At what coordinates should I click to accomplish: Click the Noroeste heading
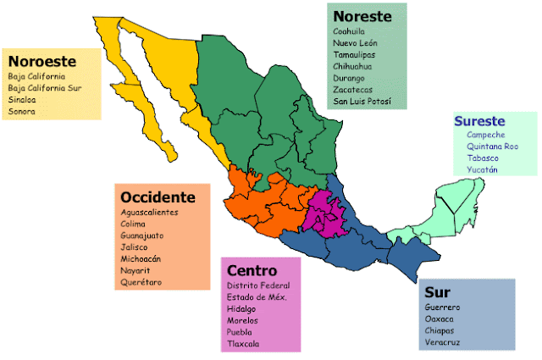coord(42,61)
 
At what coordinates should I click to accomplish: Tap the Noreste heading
coord(362,17)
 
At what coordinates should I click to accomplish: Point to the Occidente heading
coord(158,197)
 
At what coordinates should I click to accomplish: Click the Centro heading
coord(251,271)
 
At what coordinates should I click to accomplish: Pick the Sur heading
coord(437,292)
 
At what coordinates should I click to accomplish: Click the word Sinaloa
coord(23,98)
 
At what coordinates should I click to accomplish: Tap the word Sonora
coord(22,111)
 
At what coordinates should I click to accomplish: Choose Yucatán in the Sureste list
coord(482,170)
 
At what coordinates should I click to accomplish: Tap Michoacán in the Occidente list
coord(141,258)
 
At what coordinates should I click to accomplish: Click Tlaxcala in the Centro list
coord(244,344)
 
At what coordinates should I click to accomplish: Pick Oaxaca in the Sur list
coord(440,318)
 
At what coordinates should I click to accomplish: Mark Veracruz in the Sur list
coord(444,342)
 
